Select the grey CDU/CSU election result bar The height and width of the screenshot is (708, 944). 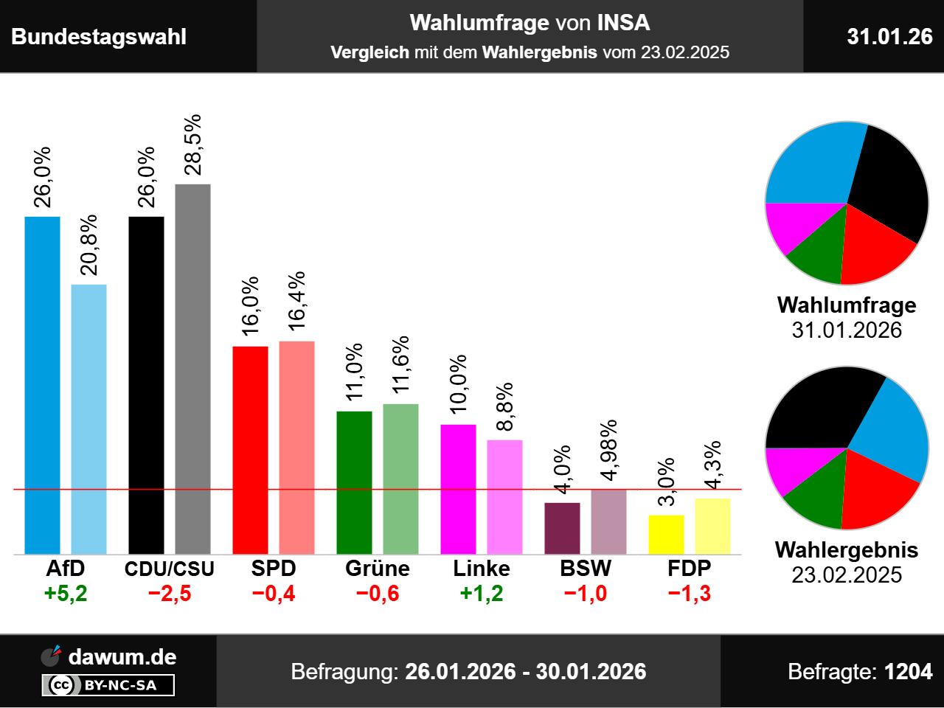(192, 369)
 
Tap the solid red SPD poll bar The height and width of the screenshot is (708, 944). (250, 450)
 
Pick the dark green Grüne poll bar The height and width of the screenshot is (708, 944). (354, 482)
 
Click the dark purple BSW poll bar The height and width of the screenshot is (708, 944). (562, 528)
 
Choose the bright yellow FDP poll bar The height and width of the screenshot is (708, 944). (666, 535)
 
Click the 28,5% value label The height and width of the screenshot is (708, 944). (192, 145)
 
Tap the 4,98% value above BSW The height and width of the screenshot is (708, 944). (608, 450)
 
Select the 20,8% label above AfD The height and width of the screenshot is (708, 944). (88, 245)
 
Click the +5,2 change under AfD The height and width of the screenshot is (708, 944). (66, 594)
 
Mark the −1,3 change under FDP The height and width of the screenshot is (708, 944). (690, 594)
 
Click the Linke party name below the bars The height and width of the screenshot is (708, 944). (482, 569)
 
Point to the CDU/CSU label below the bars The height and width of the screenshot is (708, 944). (170, 569)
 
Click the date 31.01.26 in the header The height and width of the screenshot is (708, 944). (889, 36)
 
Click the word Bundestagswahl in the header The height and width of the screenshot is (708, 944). (99, 37)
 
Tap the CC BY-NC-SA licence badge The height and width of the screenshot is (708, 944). (108, 685)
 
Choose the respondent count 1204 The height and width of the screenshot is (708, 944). (908, 671)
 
